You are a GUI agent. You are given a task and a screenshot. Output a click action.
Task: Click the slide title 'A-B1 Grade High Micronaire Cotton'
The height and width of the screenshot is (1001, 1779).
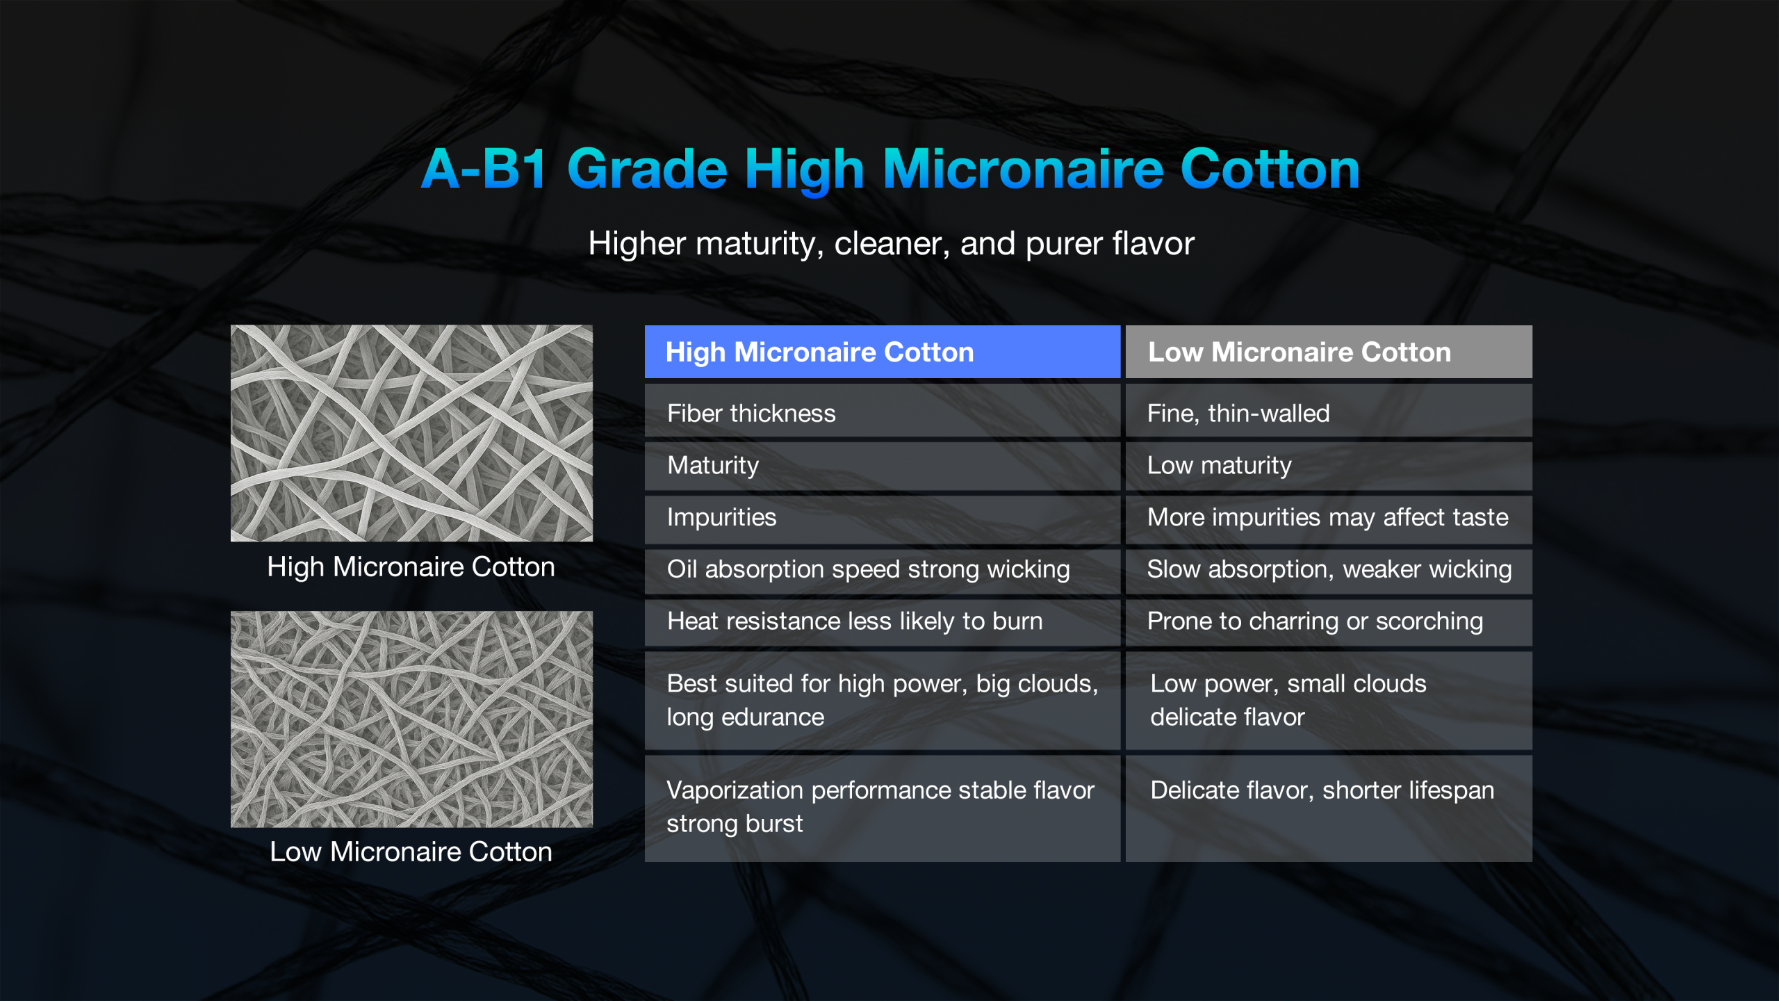(x=890, y=169)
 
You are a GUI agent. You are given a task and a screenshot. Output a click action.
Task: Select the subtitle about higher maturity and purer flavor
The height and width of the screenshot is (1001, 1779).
(x=891, y=244)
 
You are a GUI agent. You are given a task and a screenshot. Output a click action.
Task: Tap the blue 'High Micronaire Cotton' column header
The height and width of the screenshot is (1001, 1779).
(x=883, y=352)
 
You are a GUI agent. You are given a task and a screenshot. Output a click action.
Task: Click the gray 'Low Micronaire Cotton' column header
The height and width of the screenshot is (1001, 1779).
(x=1329, y=352)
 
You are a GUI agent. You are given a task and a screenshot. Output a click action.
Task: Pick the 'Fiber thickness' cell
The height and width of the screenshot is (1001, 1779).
(x=883, y=413)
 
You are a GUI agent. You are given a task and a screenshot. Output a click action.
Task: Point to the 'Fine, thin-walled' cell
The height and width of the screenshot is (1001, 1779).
(x=1329, y=413)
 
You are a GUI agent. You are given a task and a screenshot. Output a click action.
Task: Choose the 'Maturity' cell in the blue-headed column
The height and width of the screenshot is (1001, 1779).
(x=883, y=465)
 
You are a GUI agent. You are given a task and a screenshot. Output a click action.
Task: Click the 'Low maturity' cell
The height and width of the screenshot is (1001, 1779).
(x=1329, y=465)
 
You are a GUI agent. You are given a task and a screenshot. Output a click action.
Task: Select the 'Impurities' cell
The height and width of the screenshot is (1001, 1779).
(x=883, y=518)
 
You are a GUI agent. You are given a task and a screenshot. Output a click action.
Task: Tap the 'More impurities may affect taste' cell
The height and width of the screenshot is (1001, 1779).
(x=1329, y=518)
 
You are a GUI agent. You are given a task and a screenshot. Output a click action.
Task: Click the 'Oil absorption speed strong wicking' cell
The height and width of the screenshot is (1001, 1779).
(x=883, y=570)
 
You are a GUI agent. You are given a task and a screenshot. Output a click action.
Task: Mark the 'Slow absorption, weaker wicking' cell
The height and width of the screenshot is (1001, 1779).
(x=1329, y=570)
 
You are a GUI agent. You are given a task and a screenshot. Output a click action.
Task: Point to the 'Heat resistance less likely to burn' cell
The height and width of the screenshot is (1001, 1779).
(x=883, y=621)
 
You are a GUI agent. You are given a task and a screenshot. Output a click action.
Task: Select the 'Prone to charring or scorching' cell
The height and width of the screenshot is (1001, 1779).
(x=1329, y=621)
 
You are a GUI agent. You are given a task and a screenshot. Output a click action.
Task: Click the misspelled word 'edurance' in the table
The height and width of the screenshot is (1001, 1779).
(x=773, y=717)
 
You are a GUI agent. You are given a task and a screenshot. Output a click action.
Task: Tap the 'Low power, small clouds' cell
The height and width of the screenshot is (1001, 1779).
(x=1329, y=700)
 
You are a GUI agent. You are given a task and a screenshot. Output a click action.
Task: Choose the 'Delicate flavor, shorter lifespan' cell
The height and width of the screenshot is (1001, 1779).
(x=1329, y=808)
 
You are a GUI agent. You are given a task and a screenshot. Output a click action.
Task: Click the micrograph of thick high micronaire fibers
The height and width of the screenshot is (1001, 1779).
(x=411, y=433)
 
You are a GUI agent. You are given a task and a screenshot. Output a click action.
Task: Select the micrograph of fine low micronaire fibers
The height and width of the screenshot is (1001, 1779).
(x=411, y=719)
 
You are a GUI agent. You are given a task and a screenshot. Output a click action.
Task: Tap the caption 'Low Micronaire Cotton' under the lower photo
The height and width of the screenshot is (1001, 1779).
(x=411, y=852)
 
